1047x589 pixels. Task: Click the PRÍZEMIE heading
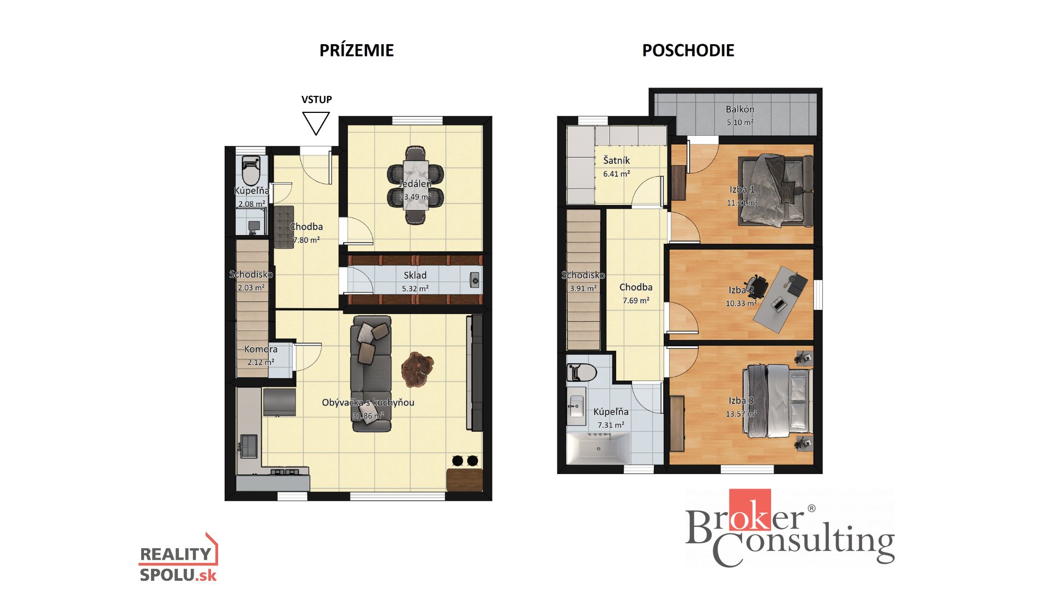[x=356, y=50]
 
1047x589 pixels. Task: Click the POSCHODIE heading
[x=688, y=50]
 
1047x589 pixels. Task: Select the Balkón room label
[x=740, y=109]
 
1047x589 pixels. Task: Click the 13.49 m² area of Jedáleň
[x=415, y=197]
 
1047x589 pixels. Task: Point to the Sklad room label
[x=415, y=275]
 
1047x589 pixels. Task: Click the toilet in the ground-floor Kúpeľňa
[x=251, y=171]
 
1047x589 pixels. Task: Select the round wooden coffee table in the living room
[x=417, y=369]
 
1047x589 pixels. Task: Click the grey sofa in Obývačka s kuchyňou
[x=371, y=374]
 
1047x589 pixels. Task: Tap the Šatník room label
[x=616, y=160]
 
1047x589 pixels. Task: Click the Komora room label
[x=261, y=349]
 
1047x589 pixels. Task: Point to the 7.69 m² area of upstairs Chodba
[x=636, y=300]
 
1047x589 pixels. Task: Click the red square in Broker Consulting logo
[x=750, y=510]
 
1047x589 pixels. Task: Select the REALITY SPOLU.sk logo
[x=178, y=557]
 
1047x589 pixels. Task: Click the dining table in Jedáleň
[x=416, y=185]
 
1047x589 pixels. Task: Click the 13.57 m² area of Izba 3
[x=741, y=414]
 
